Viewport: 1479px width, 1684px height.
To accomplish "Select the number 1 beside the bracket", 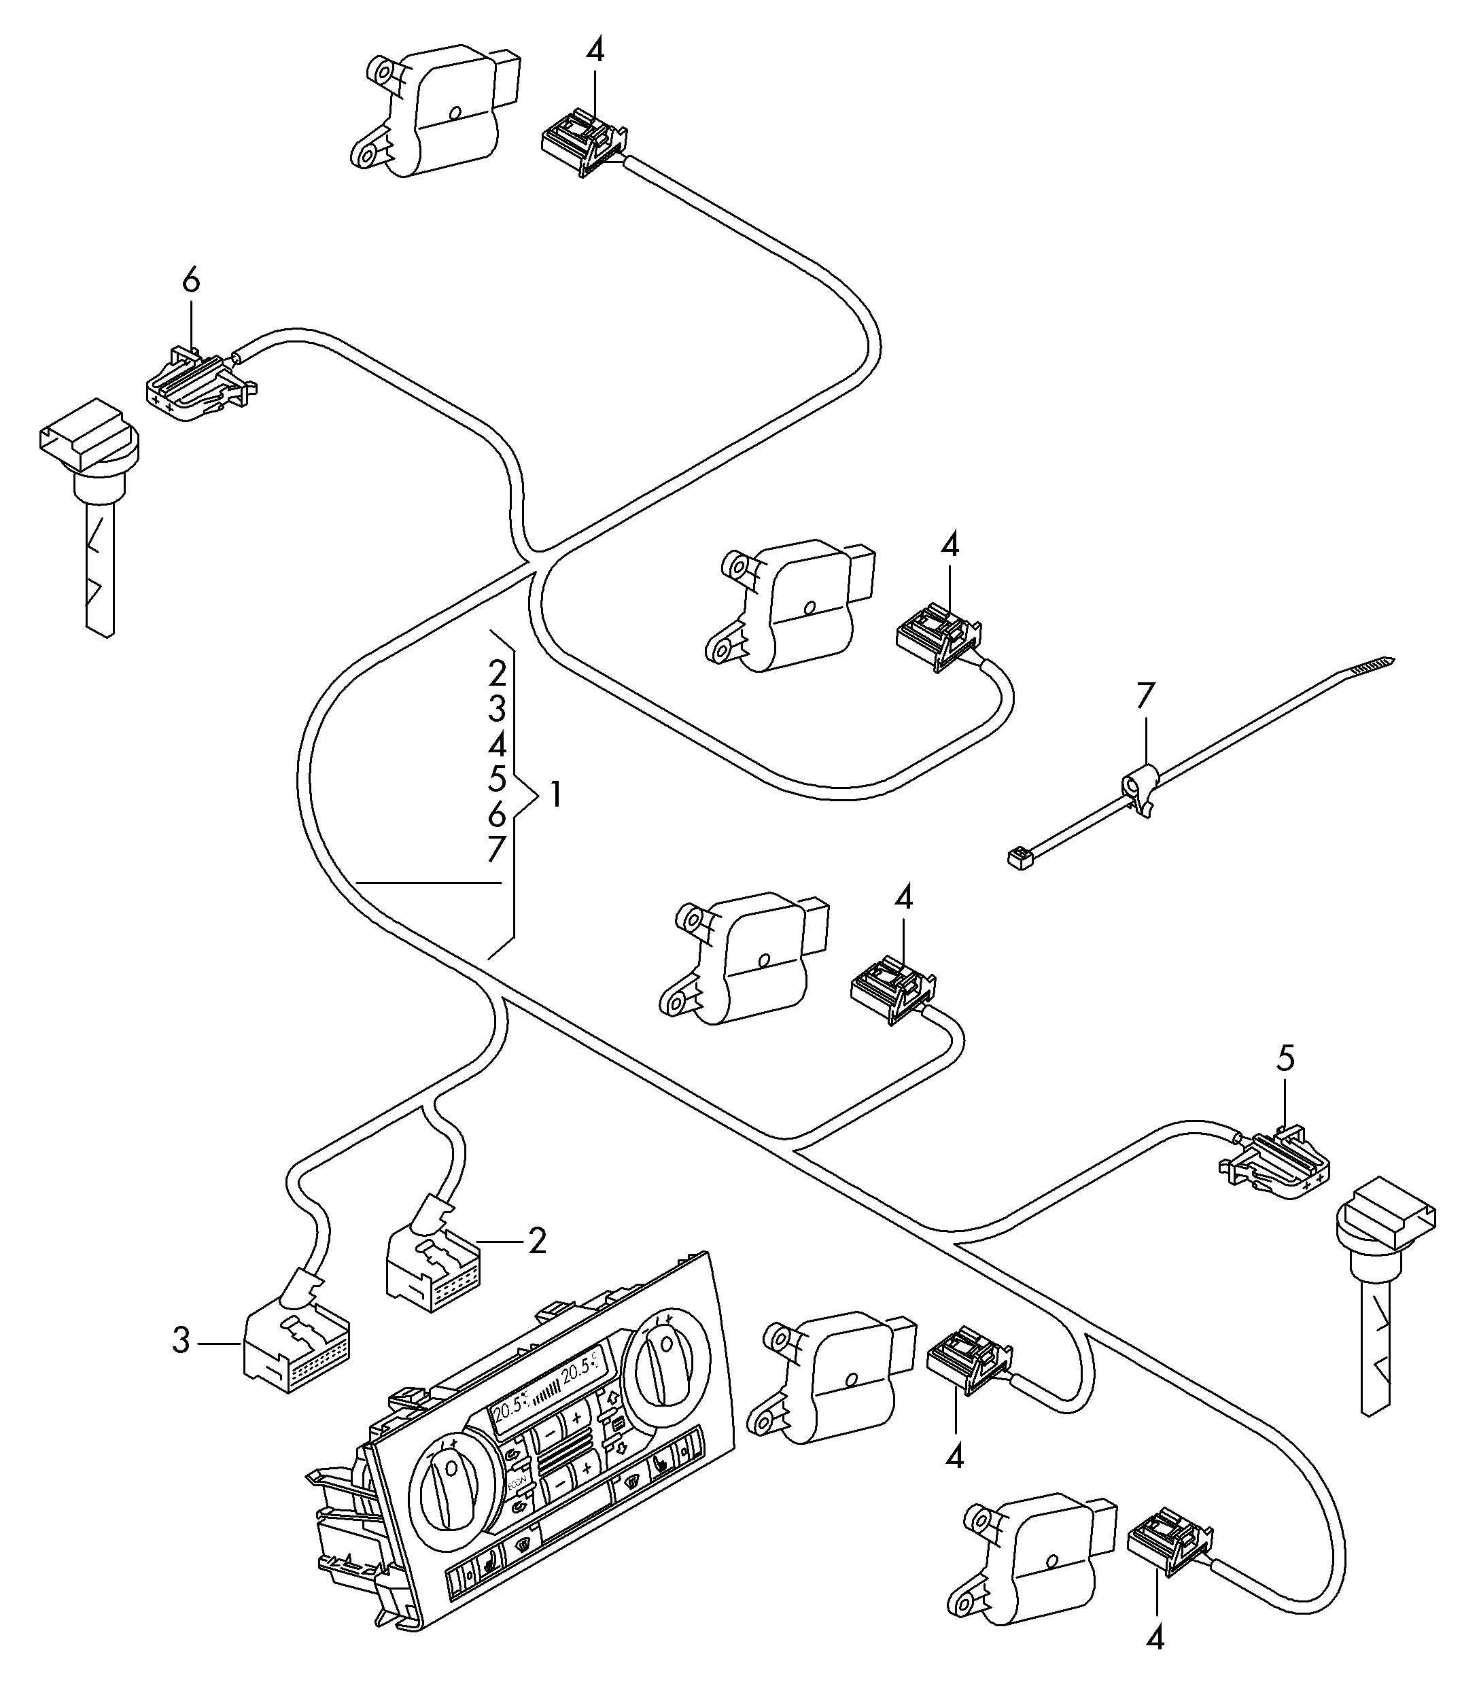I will [x=556, y=795].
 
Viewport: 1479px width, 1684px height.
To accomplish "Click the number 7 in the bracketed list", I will [x=495, y=849].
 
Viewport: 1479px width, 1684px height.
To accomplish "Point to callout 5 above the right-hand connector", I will [x=1286, y=1059].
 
